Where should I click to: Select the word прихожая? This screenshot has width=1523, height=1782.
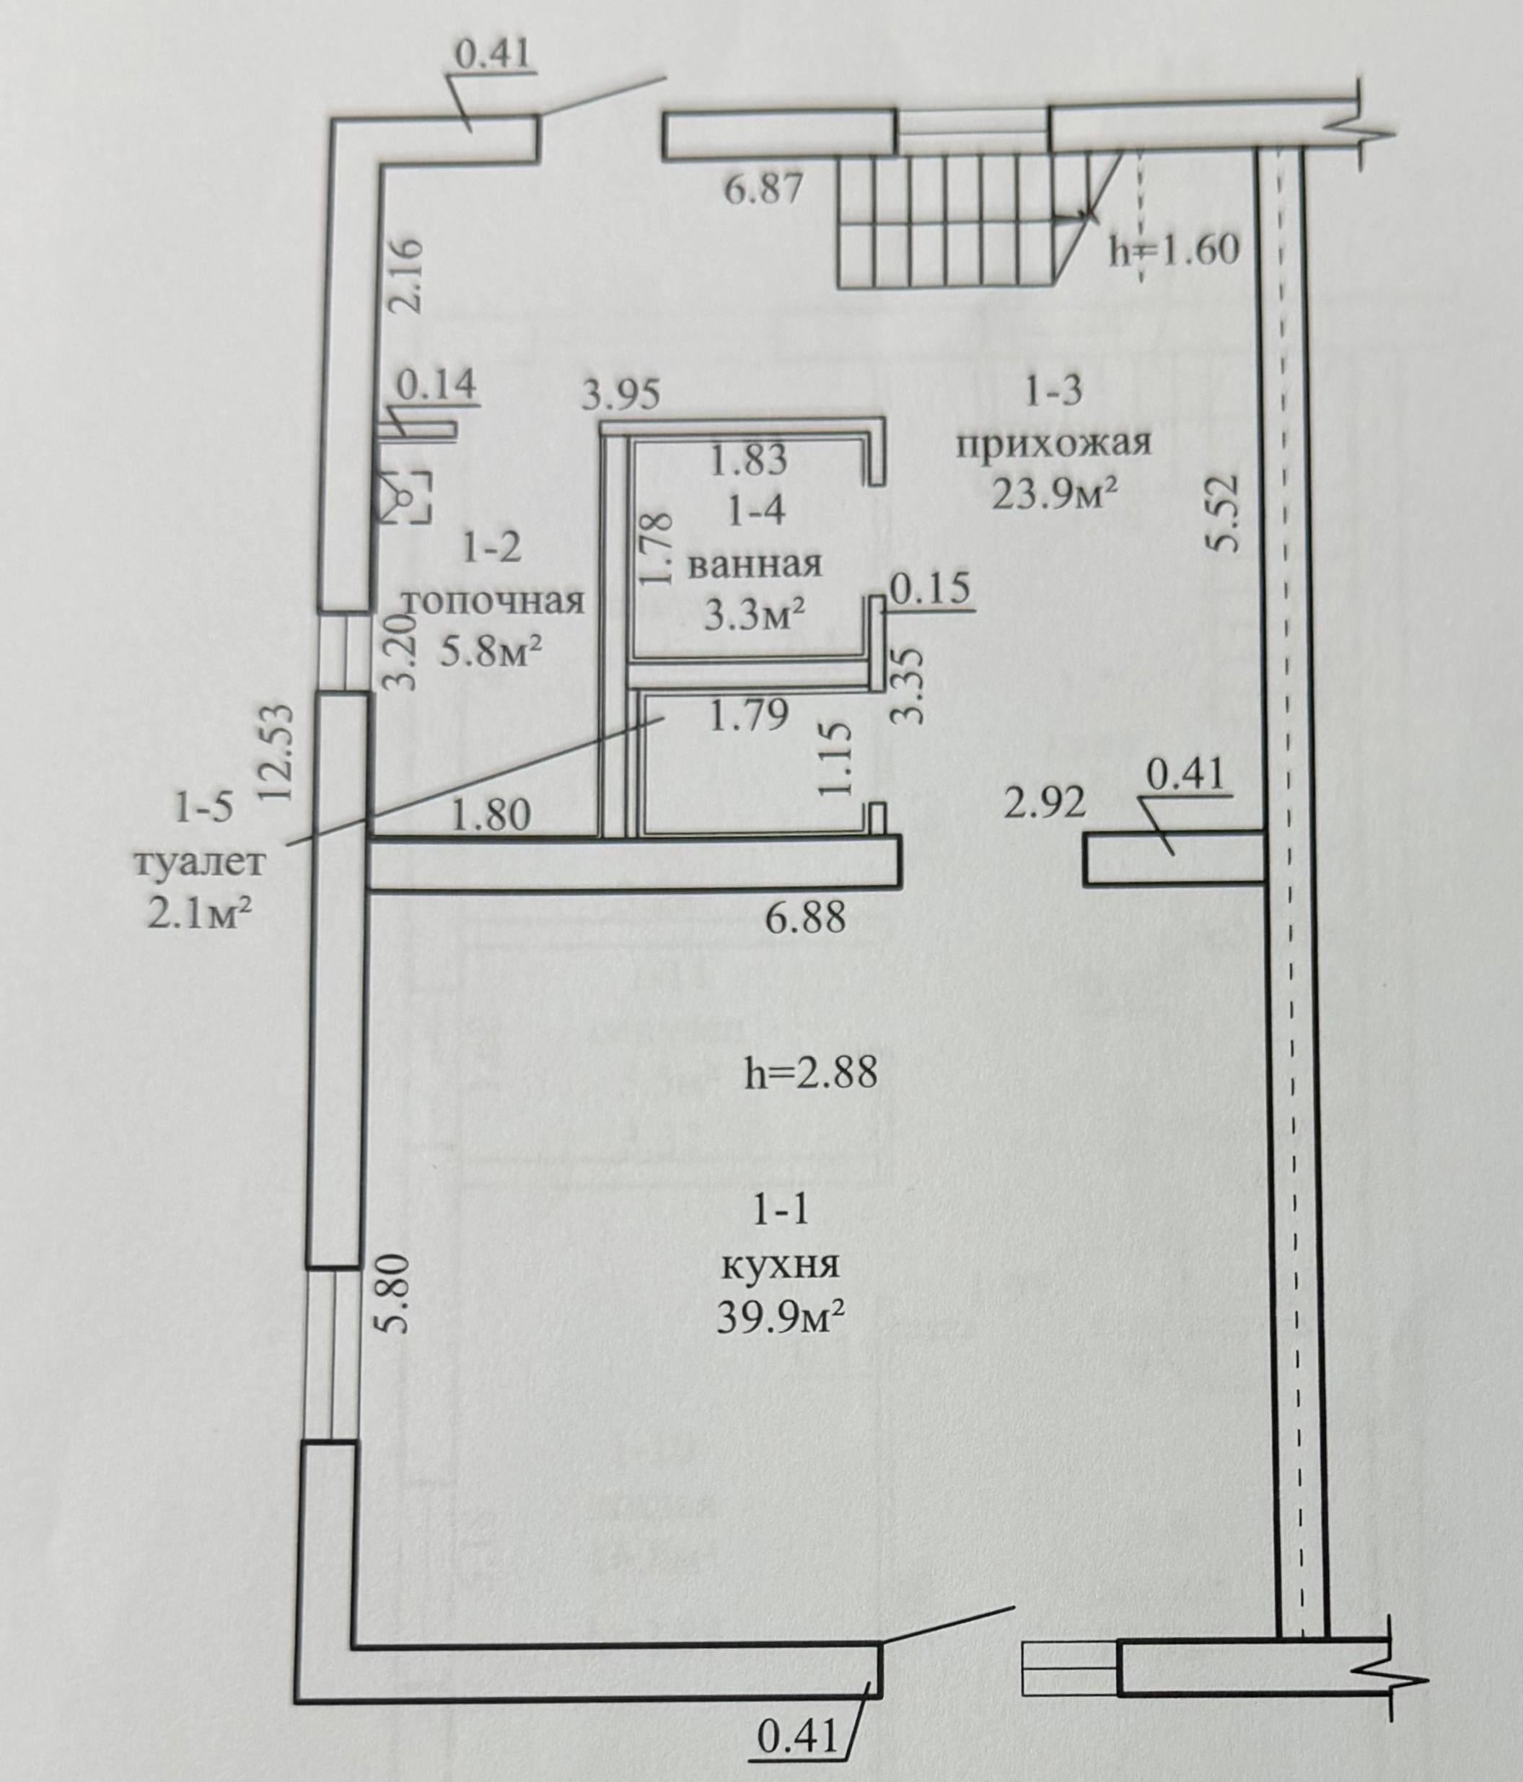(1054, 444)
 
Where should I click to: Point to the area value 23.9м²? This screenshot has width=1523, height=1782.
(1055, 493)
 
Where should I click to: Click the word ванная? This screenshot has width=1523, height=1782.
(756, 565)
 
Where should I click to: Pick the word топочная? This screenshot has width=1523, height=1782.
(493, 600)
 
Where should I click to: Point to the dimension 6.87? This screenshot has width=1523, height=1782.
(763, 188)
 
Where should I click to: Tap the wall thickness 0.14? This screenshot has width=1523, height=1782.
(435, 384)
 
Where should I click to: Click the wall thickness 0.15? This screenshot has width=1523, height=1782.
(931, 589)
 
